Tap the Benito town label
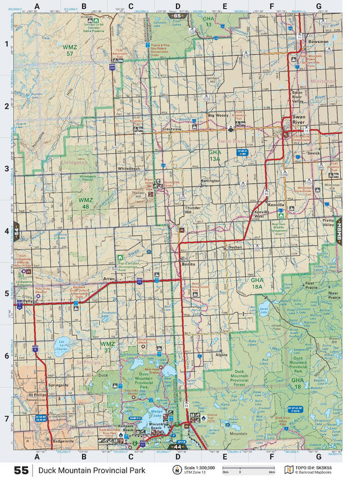coord(187,264)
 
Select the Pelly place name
coord(29,301)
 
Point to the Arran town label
coord(109,279)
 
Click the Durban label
coord(234,247)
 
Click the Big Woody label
coord(218,115)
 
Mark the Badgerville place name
coord(62,442)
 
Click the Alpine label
coord(222,355)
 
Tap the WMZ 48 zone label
coord(85,203)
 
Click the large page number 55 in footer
coord(21,470)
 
